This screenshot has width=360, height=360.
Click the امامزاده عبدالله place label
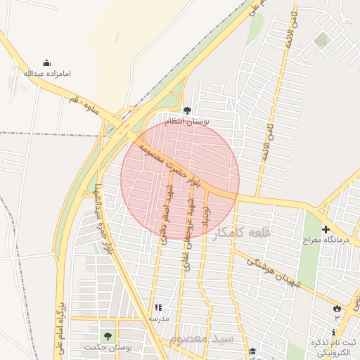click(47, 73)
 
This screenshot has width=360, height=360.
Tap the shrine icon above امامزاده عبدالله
click(47, 63)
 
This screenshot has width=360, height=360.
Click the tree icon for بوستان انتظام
click(187, 110)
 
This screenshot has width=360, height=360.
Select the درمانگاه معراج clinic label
click(326, 241)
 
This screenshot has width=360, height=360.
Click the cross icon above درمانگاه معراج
click(326, 229)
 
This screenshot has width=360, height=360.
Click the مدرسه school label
click(158, 319)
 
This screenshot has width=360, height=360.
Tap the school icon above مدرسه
click(158, 307)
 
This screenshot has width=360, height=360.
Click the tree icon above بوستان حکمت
click(108, 335)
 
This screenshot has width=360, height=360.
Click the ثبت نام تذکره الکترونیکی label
click(335, 347)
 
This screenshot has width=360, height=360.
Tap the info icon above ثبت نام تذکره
click(333, 332)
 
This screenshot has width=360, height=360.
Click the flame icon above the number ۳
click(337, 308)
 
